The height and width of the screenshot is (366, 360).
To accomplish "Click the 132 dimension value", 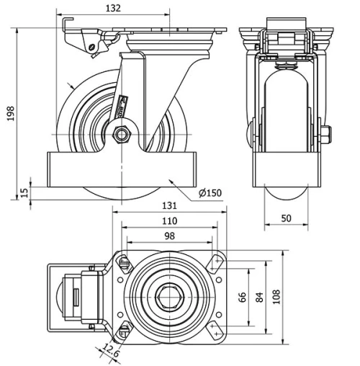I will pyautogui.click(x=112, y=8).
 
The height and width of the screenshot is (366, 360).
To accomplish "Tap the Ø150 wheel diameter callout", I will pyautogui.click(x=210, y=192).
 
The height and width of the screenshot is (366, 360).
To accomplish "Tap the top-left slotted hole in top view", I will pyautogui.click(x=124, y=262).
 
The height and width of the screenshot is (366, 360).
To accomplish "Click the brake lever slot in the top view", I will pyautogui.click(x=74, y=296).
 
